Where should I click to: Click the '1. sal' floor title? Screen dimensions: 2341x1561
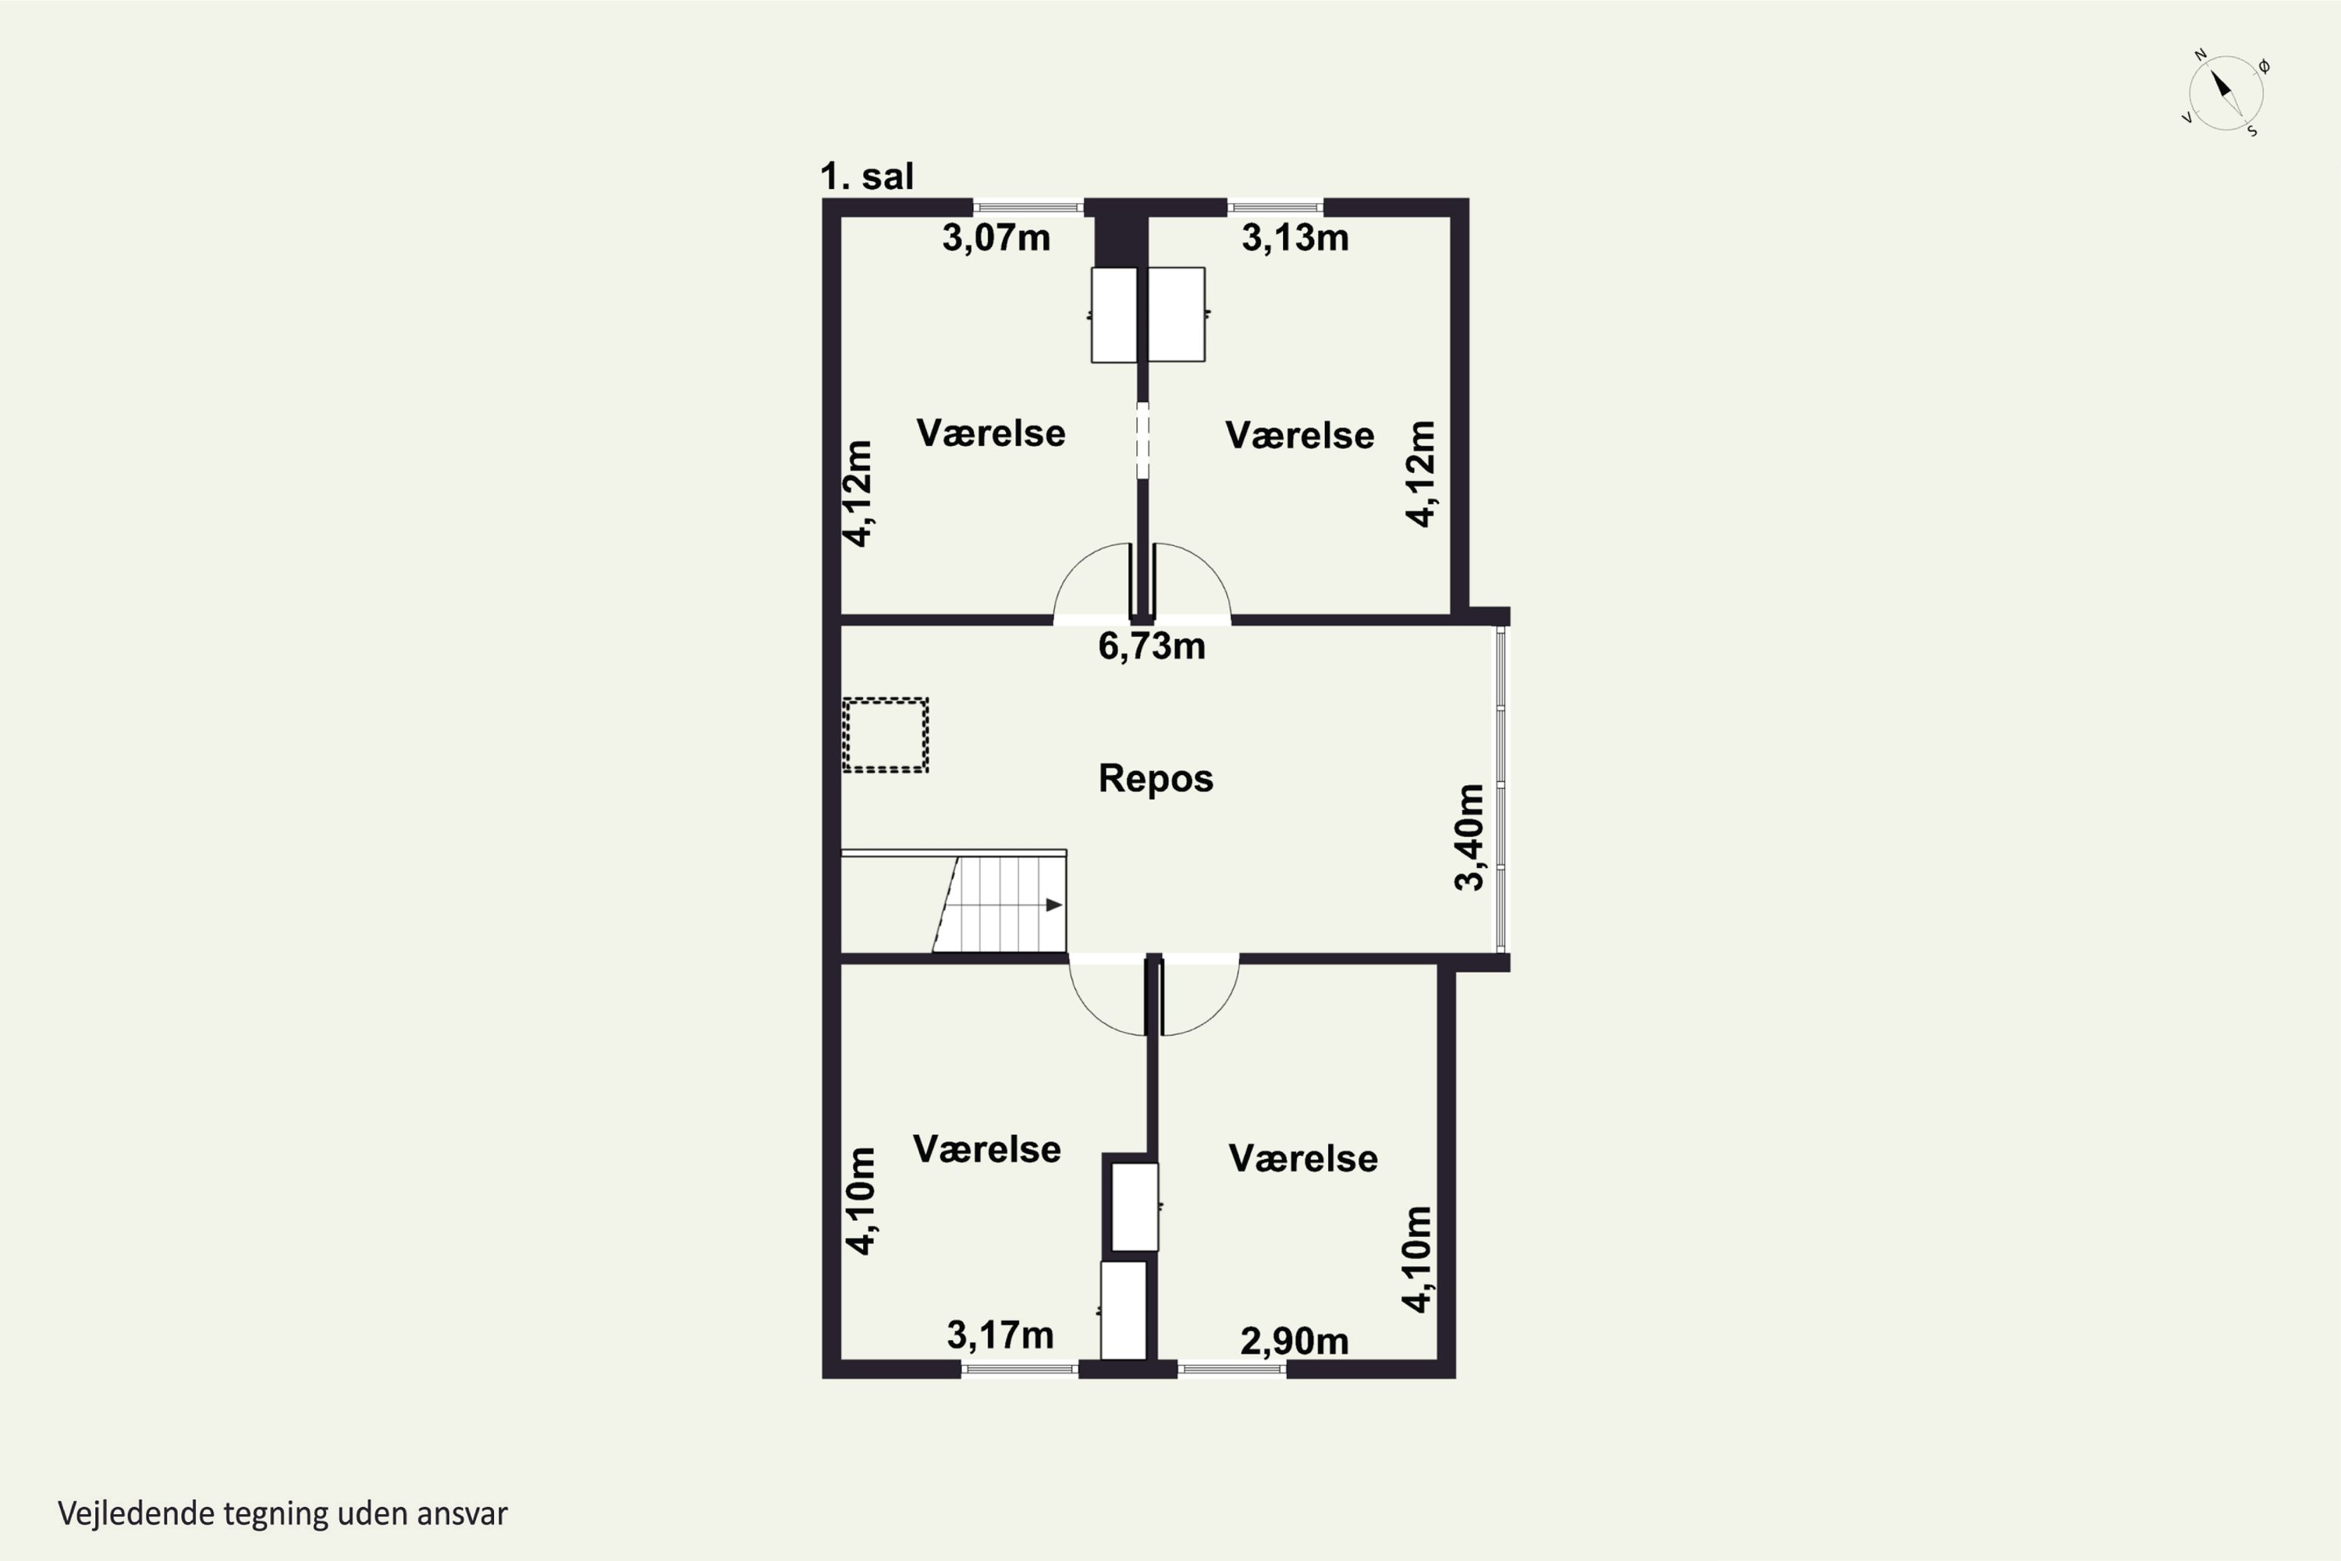pyautogui.click(x=866, y=176)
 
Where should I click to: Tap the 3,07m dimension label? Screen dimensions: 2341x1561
pyautogui.click(x=996, y=238)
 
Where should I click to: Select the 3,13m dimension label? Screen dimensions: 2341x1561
pyautogui.click(x=1295, y=238)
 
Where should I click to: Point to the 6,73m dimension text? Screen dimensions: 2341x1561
pyautogui.click(x=1152, y=646)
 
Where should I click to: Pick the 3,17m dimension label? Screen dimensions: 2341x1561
pyautogui.click(x=1000, y=1335)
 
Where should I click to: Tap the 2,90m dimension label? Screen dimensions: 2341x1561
pyautogui.click(x=1295, y=1341)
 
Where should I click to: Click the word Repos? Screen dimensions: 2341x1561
pyautogui.click(x=1156, y=777)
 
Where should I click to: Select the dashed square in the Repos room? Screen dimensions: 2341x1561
pyautogui.click(x=885, y=734)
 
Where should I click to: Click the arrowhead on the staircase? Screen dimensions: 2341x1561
pyautogui.click(x=1054, y=905)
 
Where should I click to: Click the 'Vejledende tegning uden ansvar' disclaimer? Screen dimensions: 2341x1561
pyautogui.click(x=282, y=1513)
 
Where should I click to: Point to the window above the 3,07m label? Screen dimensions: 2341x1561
pyautogui.click(x=1028, y=207)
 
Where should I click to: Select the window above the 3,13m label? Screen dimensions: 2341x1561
pyautogui.click(x=1275, y=207)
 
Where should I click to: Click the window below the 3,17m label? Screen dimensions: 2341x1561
pyautogui.click(x=1019, y=1370)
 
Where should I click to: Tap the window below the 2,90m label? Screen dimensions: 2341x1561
pyautogui.click(x=1232, y=1370)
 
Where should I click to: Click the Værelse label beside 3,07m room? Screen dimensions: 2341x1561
pyautogui.click(x=990, y=433)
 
